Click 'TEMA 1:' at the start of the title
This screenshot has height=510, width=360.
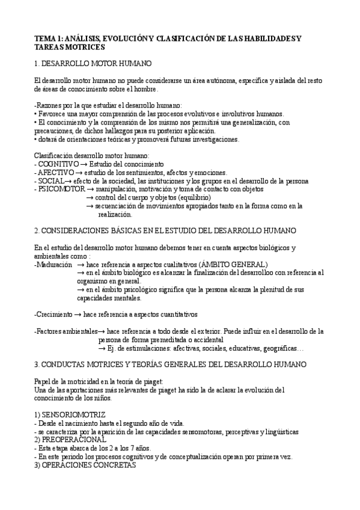[x=47, y=38]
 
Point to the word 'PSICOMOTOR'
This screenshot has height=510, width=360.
[x=59, y=189]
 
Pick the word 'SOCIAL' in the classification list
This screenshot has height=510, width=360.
[x=50, y=180]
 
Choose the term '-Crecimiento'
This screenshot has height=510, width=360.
[x=54, y=314]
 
